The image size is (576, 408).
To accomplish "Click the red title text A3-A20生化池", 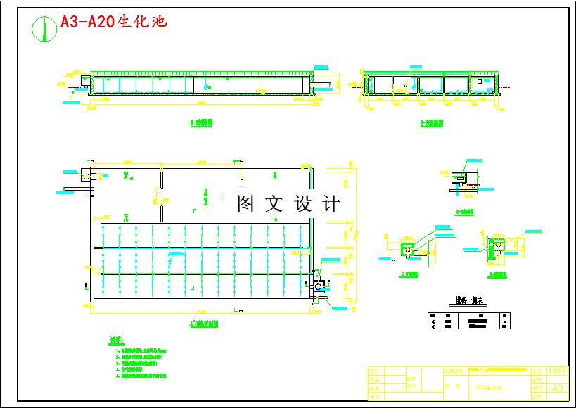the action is point(113,22).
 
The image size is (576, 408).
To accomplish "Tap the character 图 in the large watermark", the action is point(245,204).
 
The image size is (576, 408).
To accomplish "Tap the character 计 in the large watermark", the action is point(330,204).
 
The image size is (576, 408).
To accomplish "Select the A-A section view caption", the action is point(202,123).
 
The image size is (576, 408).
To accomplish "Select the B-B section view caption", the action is point(431,123).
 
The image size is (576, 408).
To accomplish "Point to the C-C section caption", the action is point(465,210).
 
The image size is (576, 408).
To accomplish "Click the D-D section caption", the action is point(406,274).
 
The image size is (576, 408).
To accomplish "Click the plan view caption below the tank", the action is point(204,324).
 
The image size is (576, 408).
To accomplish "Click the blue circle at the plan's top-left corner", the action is point(86,172).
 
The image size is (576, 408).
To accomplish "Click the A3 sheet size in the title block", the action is point(558,388).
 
